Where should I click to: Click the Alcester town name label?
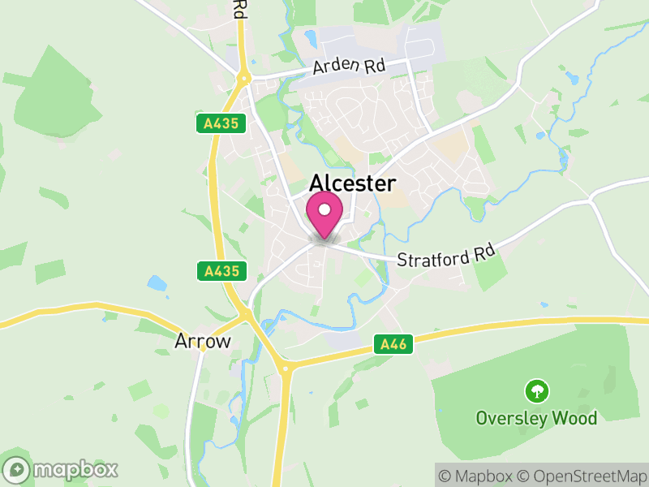353,184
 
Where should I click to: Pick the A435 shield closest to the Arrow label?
221,270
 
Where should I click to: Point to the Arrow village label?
203,342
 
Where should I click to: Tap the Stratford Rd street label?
445,257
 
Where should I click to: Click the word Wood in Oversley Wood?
575,419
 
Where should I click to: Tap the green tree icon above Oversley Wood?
536,392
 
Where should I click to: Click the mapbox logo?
62,469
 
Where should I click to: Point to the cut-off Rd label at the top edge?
239,10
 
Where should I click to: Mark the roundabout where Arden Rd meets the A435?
243,79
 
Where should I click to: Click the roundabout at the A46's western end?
285,368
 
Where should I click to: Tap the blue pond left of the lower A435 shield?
157,283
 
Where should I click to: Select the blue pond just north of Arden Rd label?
311,37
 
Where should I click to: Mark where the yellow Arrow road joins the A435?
244,313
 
